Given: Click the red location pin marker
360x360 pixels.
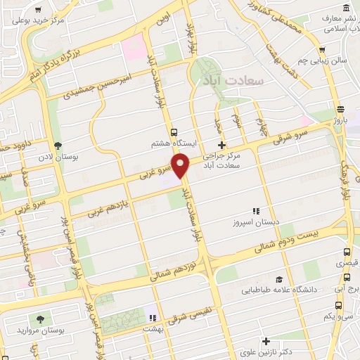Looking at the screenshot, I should [x=181, y=167].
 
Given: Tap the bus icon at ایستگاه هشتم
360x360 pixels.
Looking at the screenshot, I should [x=173, y=131].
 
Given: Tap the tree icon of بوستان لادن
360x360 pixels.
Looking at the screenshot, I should [x=57, y=145].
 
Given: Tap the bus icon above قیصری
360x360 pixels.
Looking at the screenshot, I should [x=345, y=251].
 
